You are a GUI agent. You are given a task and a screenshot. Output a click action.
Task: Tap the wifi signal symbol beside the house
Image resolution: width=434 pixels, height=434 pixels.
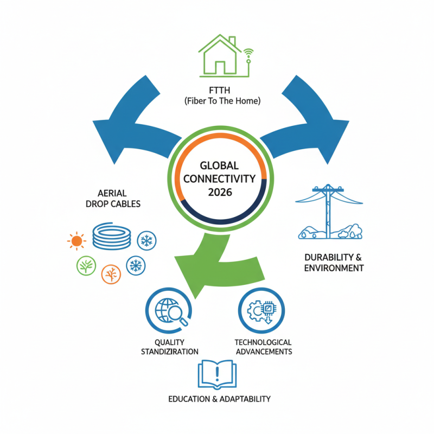248,53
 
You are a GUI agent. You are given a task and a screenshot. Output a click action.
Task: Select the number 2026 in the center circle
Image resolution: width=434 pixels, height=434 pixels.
220,192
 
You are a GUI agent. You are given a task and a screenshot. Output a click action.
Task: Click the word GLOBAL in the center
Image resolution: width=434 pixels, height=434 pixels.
220,165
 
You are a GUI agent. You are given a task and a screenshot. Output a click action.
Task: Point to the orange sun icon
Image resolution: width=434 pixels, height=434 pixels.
76,240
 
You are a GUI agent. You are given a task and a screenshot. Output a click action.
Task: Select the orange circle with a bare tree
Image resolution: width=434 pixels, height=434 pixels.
111,274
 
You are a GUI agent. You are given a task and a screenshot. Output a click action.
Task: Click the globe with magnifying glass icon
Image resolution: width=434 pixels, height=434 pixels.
170,311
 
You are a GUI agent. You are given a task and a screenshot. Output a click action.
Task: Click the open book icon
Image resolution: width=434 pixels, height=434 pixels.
217,374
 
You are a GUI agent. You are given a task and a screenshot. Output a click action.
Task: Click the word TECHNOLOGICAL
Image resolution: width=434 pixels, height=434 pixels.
263,342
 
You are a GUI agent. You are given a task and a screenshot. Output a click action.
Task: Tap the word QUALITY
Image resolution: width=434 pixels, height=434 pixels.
170,342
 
